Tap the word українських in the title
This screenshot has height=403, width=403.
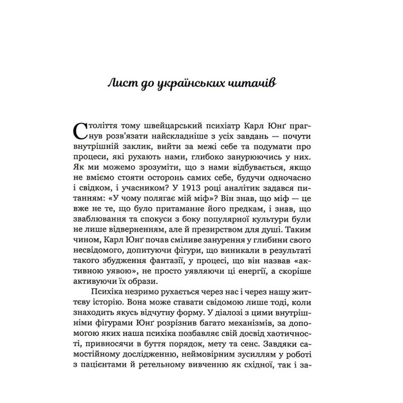point(197,84)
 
